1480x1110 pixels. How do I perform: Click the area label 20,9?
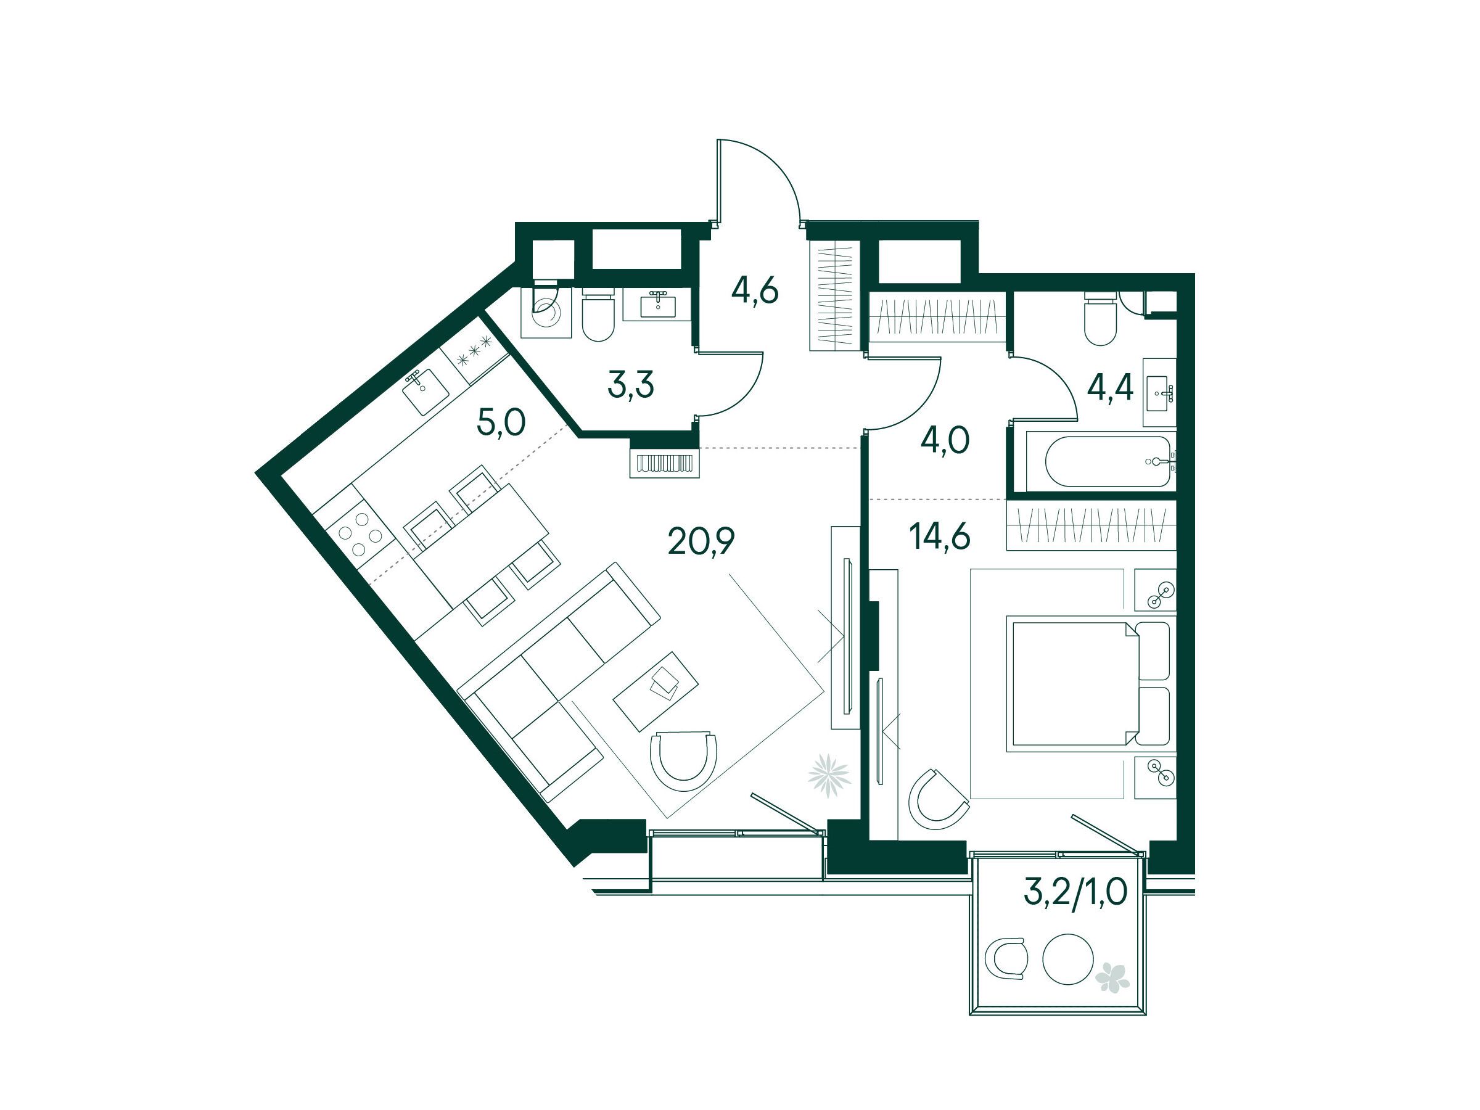coord(702,541)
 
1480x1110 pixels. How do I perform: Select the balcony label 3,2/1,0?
coord(1075,891)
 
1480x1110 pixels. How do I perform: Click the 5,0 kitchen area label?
coord(501,423)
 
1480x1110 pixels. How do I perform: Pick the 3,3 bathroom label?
coord(631,385)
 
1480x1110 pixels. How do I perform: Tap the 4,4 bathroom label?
coord(1110,387)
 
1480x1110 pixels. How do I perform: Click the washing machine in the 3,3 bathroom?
coord(546,312)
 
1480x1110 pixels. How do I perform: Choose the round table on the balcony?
coord(1069,958)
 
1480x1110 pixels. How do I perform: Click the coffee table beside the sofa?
coord(656,691)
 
